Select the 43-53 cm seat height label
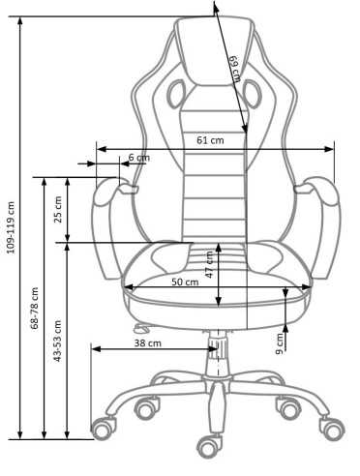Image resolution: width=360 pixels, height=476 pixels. (x=58, y=340)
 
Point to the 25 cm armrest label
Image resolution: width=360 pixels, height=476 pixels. (x=58, y=208)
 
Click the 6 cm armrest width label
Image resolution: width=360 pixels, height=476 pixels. (x=138, y=157)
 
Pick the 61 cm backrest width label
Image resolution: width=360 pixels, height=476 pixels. (x=210, y=140)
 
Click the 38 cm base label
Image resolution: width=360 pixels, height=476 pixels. (x=147, y=342)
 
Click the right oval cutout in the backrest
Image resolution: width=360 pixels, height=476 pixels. (x=254, y=95)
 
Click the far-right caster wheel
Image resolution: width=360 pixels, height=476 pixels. (x=334, y=426)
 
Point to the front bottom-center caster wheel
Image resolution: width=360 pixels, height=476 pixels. (x=205, y=446)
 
